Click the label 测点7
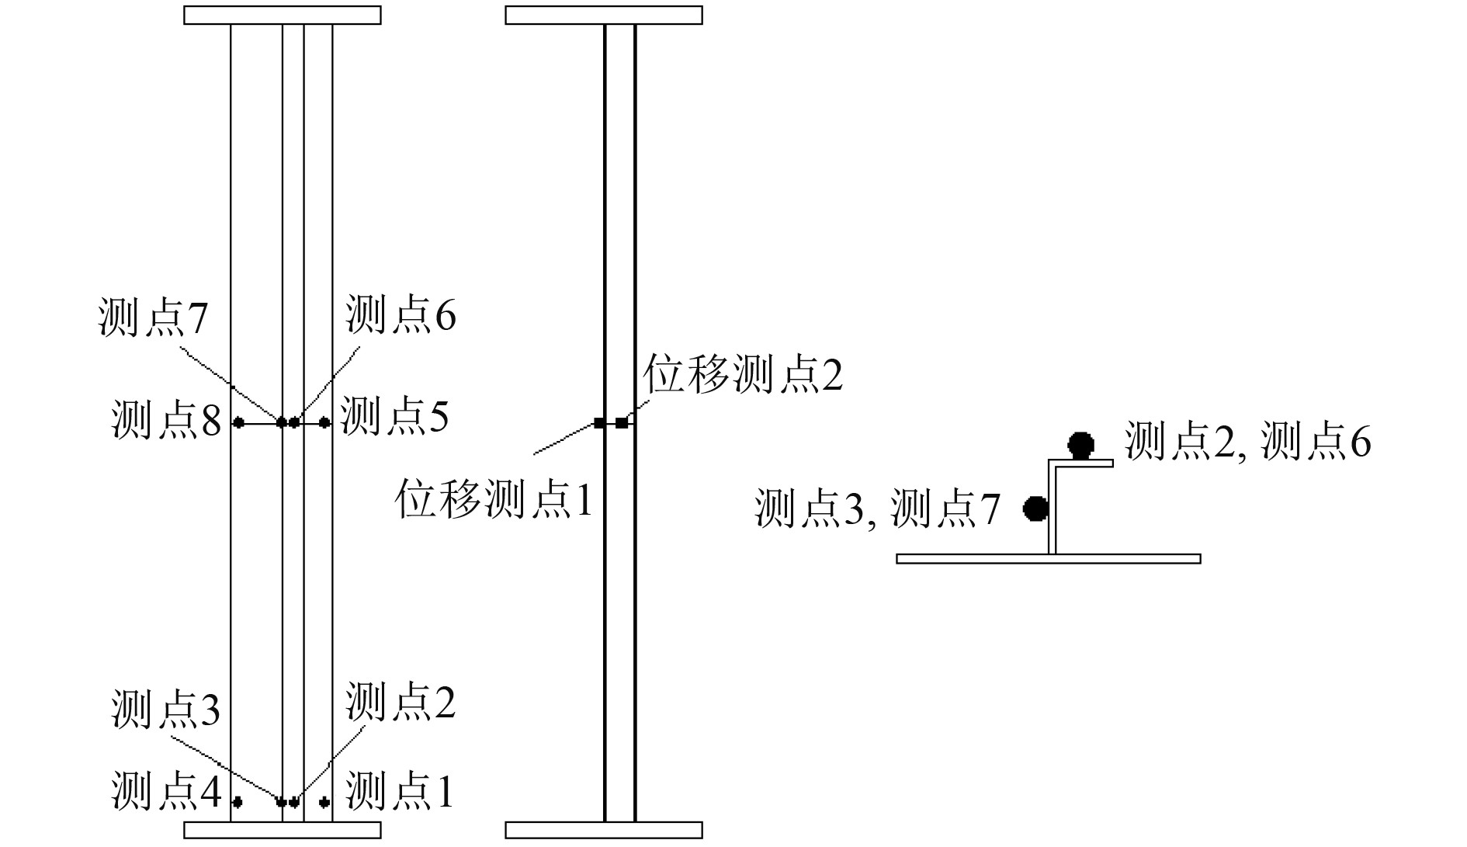(153, 318)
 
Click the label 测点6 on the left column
(401, 314)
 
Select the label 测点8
(166, 420)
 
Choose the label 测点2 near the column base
(401, 702)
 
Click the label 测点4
(166, 791)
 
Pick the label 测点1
(399, 791)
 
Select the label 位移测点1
(494, 498)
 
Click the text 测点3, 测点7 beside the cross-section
(877, 509)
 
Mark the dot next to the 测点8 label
(239, 422)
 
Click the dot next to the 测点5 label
(324, 422)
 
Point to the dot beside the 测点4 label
(238, 802)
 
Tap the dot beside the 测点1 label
(324, 802)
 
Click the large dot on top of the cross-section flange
(1080, 446)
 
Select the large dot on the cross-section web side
(1035, 508)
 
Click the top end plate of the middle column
(604, 16)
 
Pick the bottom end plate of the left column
(283, 830)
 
